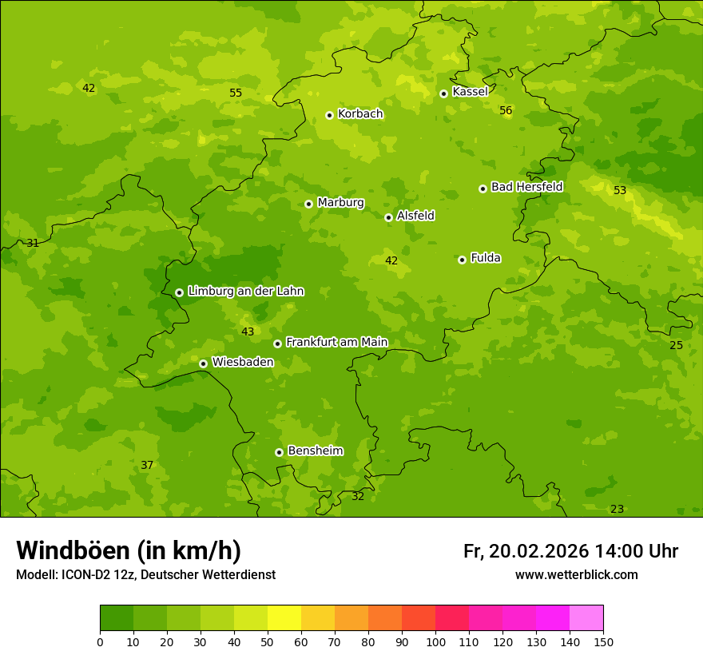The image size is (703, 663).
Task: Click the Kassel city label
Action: (470, 92)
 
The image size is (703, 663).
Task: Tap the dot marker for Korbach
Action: (329, 115)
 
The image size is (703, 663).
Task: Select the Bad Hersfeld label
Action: (526, 187)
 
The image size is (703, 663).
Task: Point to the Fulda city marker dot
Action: (462, 260)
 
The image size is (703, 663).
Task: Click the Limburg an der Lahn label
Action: (245, 292)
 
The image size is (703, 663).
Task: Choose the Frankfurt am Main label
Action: (336, 342)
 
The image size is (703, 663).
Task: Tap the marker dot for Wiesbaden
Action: (203, 363)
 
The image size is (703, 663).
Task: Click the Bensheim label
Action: (315, 451)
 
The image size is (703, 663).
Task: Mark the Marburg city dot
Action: (308, 204)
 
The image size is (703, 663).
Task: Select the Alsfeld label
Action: (415, 216)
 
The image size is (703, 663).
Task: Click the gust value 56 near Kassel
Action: (505, 110)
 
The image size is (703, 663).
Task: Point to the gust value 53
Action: (620, 190)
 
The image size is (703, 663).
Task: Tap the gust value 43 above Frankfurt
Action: (248, 331)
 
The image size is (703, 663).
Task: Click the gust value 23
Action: (617, 509)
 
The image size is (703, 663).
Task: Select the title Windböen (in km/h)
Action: (129, 550)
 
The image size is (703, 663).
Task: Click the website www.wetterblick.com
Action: (576, 575)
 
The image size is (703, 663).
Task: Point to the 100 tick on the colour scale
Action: (435, 641)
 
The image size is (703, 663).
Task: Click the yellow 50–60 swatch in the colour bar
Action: (284, 618)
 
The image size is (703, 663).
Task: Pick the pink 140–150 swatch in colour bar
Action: (586, 618)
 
